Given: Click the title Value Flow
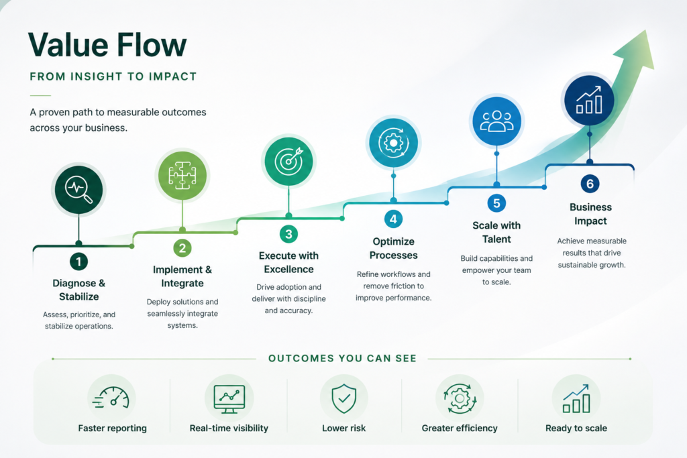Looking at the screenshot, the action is (x=107, y=45).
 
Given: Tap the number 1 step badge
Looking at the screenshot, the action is (x=79, y=262).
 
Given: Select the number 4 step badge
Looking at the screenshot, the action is (x=393, y=219).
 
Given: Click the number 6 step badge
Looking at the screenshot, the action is (x=590, y=184).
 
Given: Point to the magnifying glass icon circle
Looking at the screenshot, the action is (x=79, y=190).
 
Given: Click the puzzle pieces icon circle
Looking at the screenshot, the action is (x=182, y=176).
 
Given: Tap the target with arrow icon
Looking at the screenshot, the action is (x=288, y=161).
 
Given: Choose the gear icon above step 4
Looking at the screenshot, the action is (x=393, y=144).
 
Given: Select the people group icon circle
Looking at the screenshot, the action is (x=496, y=121).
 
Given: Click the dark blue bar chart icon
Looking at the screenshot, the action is (x=589, y=101).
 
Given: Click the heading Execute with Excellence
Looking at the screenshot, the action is (x=288, y=262).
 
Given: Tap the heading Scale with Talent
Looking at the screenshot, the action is (x=496, y=232).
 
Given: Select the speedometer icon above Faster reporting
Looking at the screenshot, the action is (x=111, y=398).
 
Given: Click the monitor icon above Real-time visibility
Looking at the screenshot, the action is (x=229, y=399).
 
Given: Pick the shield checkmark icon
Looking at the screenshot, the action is (x=344, y=398).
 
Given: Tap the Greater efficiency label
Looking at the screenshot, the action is (x=460, y=428).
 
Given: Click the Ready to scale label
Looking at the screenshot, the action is (x=576, y=428).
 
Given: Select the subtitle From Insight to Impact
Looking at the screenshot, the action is (x=113, y=76).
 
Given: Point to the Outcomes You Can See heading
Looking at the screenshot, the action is (x=342, y=358).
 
